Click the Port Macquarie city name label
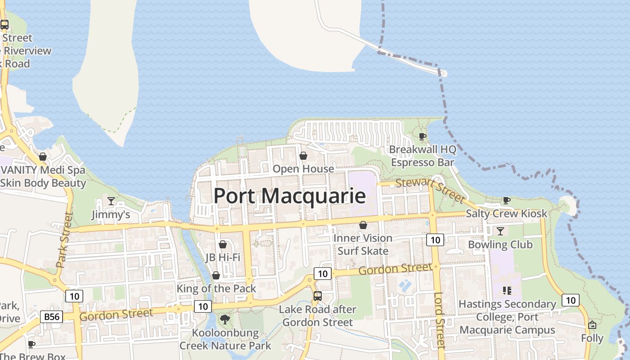289,196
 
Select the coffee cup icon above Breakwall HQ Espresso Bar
422,136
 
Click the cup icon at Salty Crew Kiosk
506,200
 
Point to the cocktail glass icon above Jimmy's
111,201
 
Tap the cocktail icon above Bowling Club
500,231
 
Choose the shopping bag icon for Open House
303,156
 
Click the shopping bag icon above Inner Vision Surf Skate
363,225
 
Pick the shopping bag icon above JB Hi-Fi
222,244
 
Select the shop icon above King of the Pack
216,275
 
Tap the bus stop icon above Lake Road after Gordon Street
318,296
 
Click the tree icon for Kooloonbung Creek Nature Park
225,319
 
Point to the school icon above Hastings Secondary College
507,290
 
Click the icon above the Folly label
592,324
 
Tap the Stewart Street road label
429,190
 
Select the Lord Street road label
440,320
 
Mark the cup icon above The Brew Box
31,344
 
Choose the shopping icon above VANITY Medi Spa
43,157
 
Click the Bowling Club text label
500,245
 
